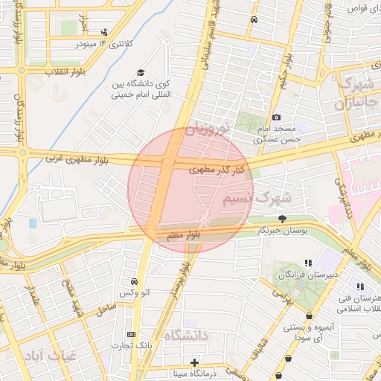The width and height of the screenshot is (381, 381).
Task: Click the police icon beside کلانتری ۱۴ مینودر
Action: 104,32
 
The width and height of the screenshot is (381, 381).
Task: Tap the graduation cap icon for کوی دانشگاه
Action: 141,71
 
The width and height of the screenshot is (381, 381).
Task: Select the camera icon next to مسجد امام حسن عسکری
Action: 277,117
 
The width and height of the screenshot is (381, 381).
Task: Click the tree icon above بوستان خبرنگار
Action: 282,218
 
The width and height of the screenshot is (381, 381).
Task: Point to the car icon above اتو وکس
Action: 134,282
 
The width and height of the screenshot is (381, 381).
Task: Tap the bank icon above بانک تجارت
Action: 131,334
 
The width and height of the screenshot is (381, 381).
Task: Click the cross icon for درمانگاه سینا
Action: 195,362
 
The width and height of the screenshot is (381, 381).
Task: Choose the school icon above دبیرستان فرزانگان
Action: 308,263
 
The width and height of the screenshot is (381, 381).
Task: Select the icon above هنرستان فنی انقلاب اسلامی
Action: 360,286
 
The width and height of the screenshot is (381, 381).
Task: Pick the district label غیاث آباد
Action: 48,356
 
